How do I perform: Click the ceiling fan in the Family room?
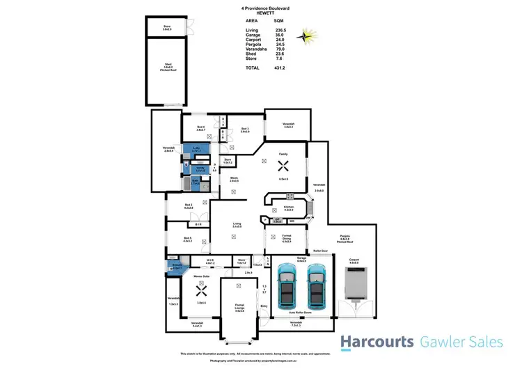tap(283, 166)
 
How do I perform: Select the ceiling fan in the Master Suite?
tap(201, 283)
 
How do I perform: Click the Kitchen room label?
tap(288, 207)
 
